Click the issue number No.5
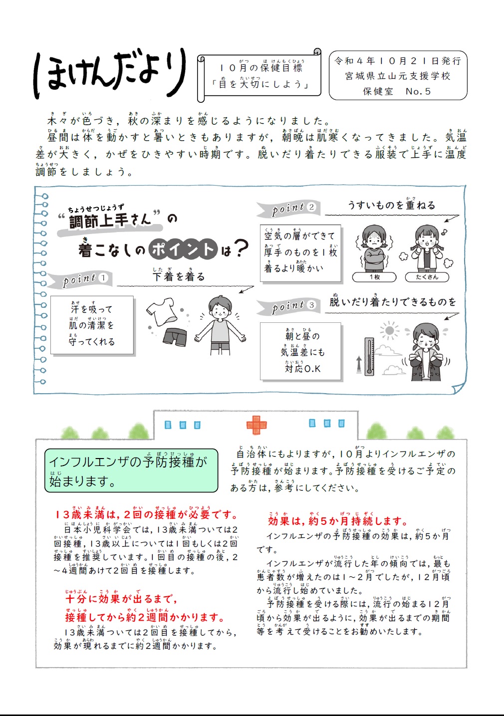tap(418, 91)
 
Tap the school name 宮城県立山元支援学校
tap(397, 76)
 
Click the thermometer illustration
tap(369, 356)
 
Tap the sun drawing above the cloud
tap(390, 331)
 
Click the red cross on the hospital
tap(256, 425)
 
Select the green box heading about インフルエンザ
tap(131, 471)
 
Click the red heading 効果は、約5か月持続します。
tap(338, 521)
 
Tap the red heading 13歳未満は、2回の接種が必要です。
tap(147, 514)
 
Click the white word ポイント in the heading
tap(183, 249)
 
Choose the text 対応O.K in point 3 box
tap(302, 369)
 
